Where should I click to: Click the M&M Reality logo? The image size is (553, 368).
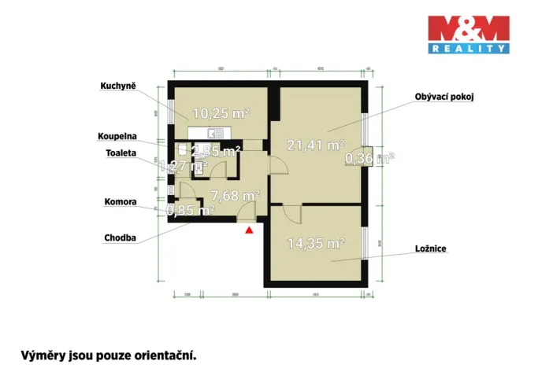(468, 35)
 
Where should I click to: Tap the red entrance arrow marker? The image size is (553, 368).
(250, 230)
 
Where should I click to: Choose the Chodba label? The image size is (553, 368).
(121, 237)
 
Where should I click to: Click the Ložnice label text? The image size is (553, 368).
(431, 248)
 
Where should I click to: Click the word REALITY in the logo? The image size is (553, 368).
(468, 48)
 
